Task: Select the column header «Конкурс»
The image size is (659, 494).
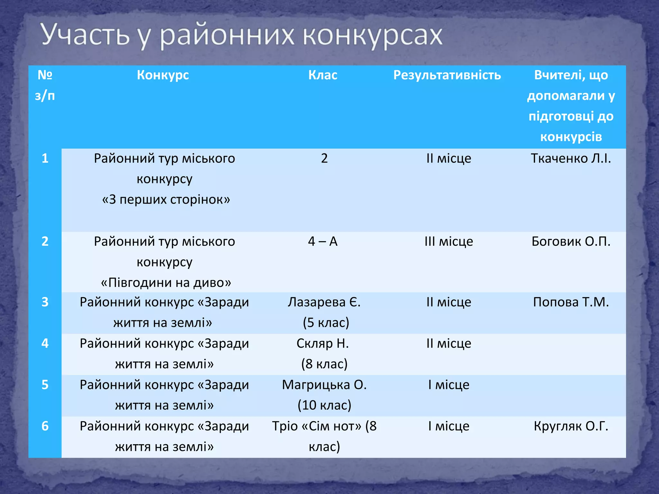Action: pos(163,75)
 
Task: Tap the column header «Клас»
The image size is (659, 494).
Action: pos(323,75)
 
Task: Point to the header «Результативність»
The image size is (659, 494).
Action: pos(447,75)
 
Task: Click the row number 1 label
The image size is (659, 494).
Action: pos(45,158)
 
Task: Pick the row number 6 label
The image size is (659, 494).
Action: pos(45,426)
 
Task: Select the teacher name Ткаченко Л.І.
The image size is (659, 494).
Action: pos(571,158)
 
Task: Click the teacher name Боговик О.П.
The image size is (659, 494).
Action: pos(571,241)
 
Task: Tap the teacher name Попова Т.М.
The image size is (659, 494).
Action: pos(571,302)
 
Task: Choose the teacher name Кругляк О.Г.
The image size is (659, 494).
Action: pos(571,426)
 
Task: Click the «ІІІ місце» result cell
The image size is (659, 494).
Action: pos(449,241)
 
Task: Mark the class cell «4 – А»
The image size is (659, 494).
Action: pos(323,241)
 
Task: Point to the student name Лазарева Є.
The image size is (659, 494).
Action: pos(324,302)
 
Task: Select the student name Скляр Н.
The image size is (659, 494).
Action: pos(323,343)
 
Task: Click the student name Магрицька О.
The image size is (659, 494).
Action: pos(324,385)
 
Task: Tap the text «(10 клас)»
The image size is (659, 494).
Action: pos(324,405)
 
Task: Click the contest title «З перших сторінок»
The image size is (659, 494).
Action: pos(166,200)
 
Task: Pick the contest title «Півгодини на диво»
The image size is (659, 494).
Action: pos(166,283)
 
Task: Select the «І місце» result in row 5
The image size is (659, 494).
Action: pos(449,385)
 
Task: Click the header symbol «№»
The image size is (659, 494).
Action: pos(45,75)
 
